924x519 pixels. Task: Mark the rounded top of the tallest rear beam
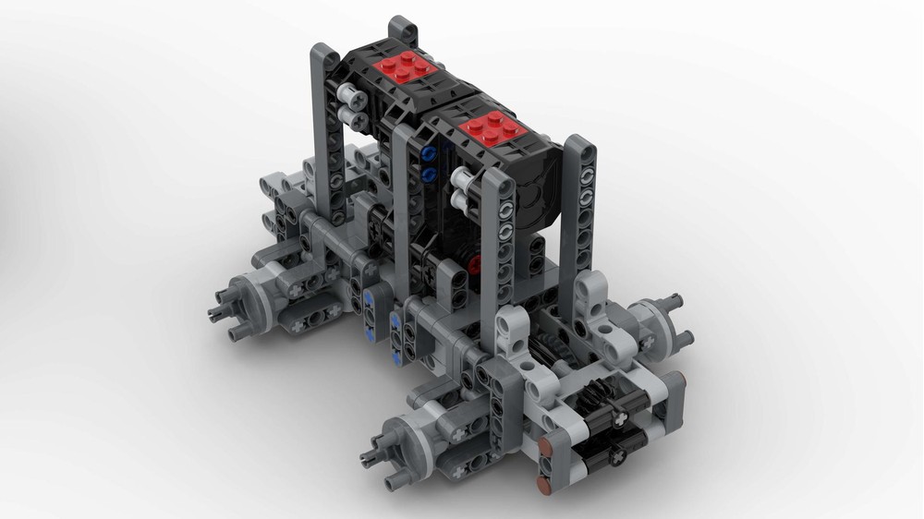[402, 26]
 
